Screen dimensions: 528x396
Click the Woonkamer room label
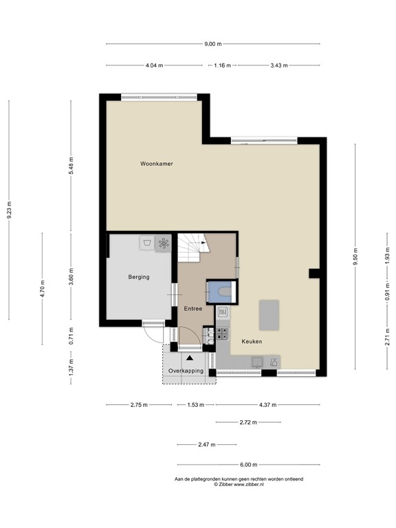(x=156, y=164)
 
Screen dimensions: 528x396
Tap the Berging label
(x=138, y=277)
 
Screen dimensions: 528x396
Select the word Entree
(x=192, y=309)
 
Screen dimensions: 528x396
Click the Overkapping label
(x=186, y=371)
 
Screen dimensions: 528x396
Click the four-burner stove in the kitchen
(x=223, y=333)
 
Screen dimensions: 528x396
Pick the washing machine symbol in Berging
(x=146, y=243)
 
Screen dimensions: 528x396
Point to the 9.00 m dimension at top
(x=213, y=44)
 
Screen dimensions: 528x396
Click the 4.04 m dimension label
(x=155, y=65)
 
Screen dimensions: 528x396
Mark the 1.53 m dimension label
(x=195, y=405)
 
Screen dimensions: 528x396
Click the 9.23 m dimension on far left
(x=9, y=210)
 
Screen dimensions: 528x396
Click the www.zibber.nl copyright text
(x=239, y=484)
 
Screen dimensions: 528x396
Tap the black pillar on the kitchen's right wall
(x=313, y=273)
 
